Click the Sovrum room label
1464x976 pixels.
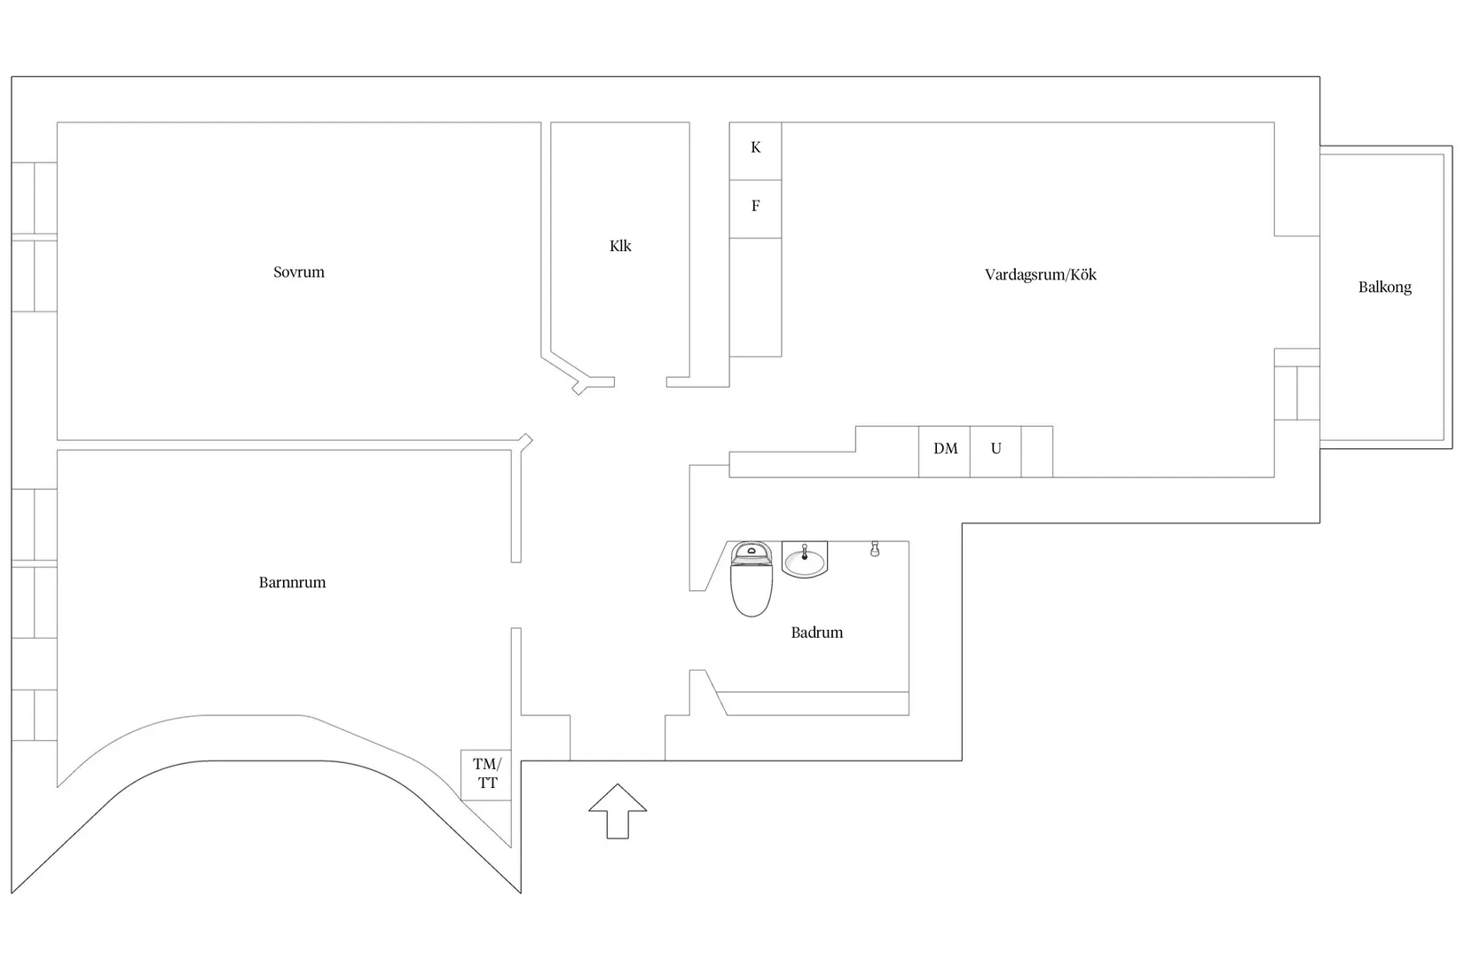click(299, 272)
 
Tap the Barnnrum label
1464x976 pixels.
click(292, 582)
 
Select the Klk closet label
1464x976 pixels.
click(620, 246)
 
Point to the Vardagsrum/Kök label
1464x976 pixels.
click(1041, 274)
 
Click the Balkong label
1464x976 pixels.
click(1385, 287)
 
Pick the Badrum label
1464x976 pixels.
click(817, 632)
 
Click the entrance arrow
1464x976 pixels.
click(618, 811)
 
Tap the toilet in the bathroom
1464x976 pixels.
click(751, 579)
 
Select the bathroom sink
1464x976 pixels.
click(805, 560)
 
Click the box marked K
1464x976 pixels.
click(756, 151)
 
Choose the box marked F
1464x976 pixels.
click(756, 209)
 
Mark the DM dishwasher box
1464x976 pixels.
click(944, 452)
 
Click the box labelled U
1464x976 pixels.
click(996, 452)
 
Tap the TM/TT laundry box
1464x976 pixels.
click(486, 775)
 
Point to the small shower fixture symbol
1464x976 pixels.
click(875, 549)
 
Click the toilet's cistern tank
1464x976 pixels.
click(751, 554)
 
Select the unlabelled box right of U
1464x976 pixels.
click(1036, 452)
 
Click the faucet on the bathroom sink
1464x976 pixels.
click(805, 553)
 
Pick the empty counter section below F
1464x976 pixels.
click(756, 297)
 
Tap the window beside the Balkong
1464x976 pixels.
click(1296, 393)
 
